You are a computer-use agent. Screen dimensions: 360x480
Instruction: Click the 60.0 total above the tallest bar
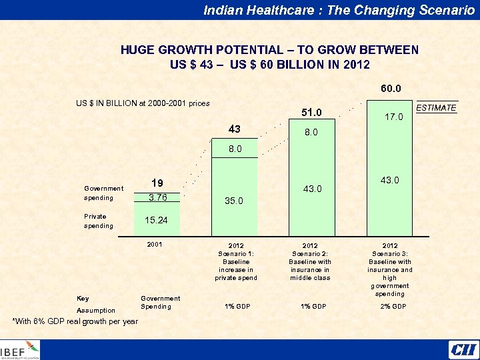[x=391, y=89]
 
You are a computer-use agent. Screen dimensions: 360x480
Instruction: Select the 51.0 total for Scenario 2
[x=311, y=112]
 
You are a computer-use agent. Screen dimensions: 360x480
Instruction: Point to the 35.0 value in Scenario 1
[x=233, y=200]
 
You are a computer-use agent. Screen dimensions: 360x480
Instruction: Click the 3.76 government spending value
[x=157, y=197]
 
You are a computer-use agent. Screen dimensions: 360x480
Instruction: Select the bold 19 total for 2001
[x=157, y=183]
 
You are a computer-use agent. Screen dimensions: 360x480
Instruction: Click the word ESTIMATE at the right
[x=436, y=107]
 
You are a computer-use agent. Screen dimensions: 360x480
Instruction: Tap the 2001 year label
[x=155, y=245]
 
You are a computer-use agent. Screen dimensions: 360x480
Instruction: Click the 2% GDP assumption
[x=390, y=307]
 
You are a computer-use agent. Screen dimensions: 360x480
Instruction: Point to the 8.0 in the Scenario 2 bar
[x=311, y=133]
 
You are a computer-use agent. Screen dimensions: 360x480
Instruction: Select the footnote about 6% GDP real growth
[x=75, y=321]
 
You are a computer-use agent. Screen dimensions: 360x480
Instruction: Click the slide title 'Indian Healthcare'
[x=339, y=9]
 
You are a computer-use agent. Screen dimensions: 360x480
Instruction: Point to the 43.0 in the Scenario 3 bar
[x=389, y=181]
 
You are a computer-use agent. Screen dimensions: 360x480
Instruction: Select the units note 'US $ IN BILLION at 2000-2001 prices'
[x=143, y=103]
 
